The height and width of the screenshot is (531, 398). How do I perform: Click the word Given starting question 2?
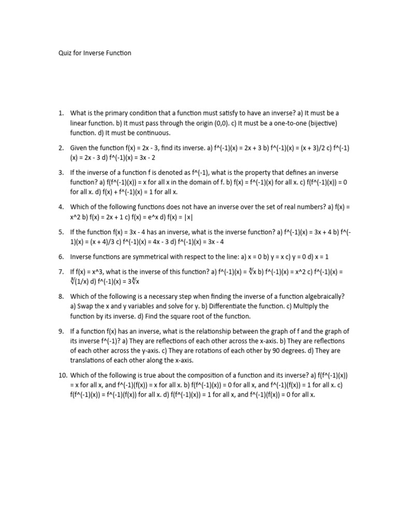80,148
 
